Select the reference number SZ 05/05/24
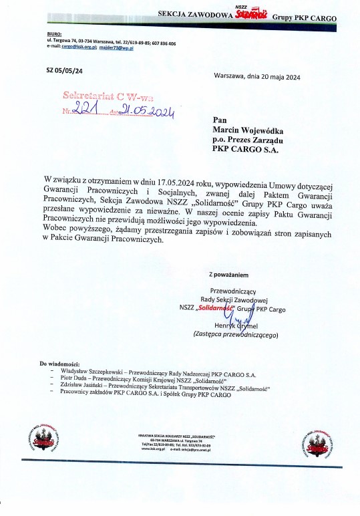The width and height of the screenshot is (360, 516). pyautogui.click(x=65, y=70)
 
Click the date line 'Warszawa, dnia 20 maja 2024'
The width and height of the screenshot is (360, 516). pyautogui.click(x=257, y=77)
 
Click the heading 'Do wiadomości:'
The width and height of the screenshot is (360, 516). pyautogui.click(x=60, y=363)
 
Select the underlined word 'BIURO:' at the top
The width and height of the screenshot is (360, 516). pyautogui.click(x=54, y=32)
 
